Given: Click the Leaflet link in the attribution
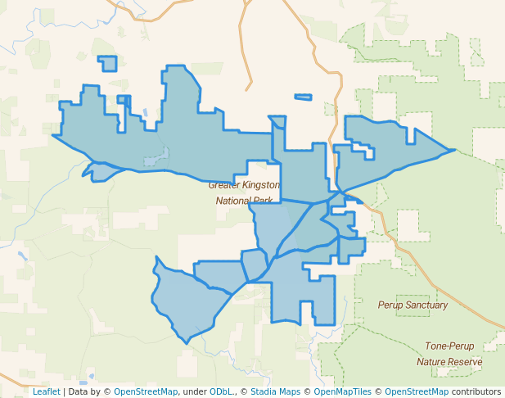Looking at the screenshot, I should click(x=46, y=391).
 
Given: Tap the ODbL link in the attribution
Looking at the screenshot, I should click(x=221, y=391).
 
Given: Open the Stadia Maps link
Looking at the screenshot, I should click(x=274, y=391).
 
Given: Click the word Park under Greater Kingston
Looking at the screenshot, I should click(x=264, y=200).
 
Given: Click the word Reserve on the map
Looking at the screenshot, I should click(x=466, y=361).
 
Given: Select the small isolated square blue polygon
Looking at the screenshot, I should click(x=107, y=64).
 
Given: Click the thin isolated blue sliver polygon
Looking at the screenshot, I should click(x=303, y=97).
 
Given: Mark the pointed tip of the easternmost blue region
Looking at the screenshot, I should click(x=454, y=150).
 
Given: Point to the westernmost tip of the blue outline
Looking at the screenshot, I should click(x=53, y=135).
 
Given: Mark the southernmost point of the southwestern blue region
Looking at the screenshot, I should click(x=186, y=342).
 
